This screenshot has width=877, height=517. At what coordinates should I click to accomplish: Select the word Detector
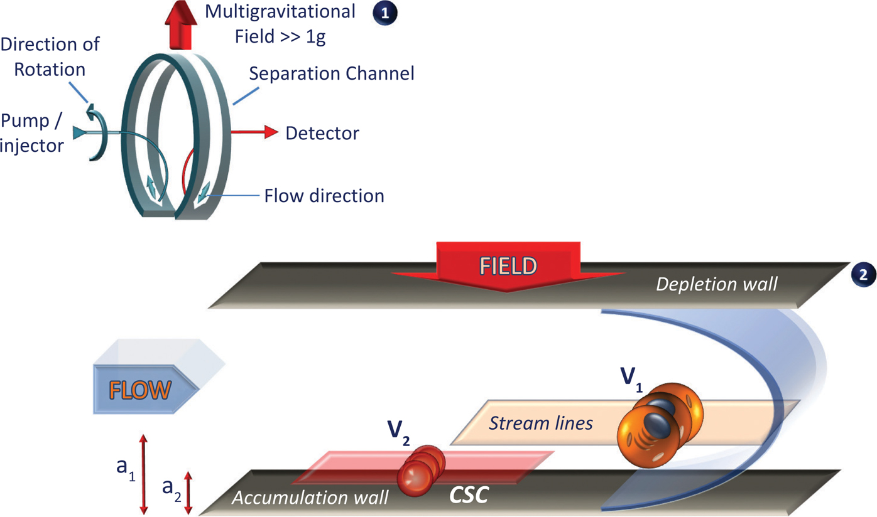(322, 133)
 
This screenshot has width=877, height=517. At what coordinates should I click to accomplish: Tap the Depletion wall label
(717, 284)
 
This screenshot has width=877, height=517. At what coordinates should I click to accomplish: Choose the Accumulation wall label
(310, 498)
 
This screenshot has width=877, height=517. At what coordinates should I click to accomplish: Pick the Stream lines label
(541, 424)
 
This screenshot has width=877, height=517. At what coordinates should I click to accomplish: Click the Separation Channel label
(332, 73)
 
